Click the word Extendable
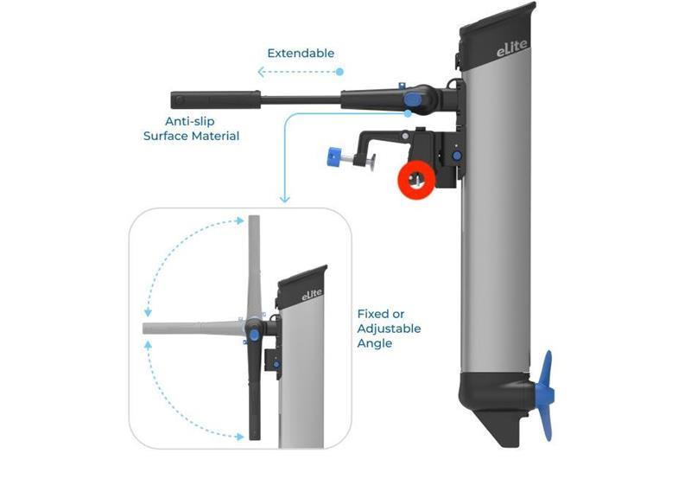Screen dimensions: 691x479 coord(301,54)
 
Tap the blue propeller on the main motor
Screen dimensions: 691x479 coord(547,395)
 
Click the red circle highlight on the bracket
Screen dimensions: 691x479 coord(416,180)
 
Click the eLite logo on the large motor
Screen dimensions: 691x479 coord(511,48)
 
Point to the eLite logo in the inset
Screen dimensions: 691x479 coord(312,295)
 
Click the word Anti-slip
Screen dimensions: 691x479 coord(189,121)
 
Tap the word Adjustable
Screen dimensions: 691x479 coord(389,329)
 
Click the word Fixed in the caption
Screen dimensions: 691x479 coord(372,314)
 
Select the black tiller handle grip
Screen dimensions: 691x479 coord(215,99)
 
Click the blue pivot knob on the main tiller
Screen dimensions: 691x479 coord(413,99)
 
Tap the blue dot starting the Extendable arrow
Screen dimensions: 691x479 coord(339,72)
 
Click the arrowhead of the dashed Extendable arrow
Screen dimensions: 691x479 coord(261,72)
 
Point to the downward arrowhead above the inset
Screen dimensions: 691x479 coord(285,200)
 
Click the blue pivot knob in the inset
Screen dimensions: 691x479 coord(254,335)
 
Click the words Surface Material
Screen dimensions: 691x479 coord(191,136)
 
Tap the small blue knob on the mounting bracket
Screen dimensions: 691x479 coord(457,156)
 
